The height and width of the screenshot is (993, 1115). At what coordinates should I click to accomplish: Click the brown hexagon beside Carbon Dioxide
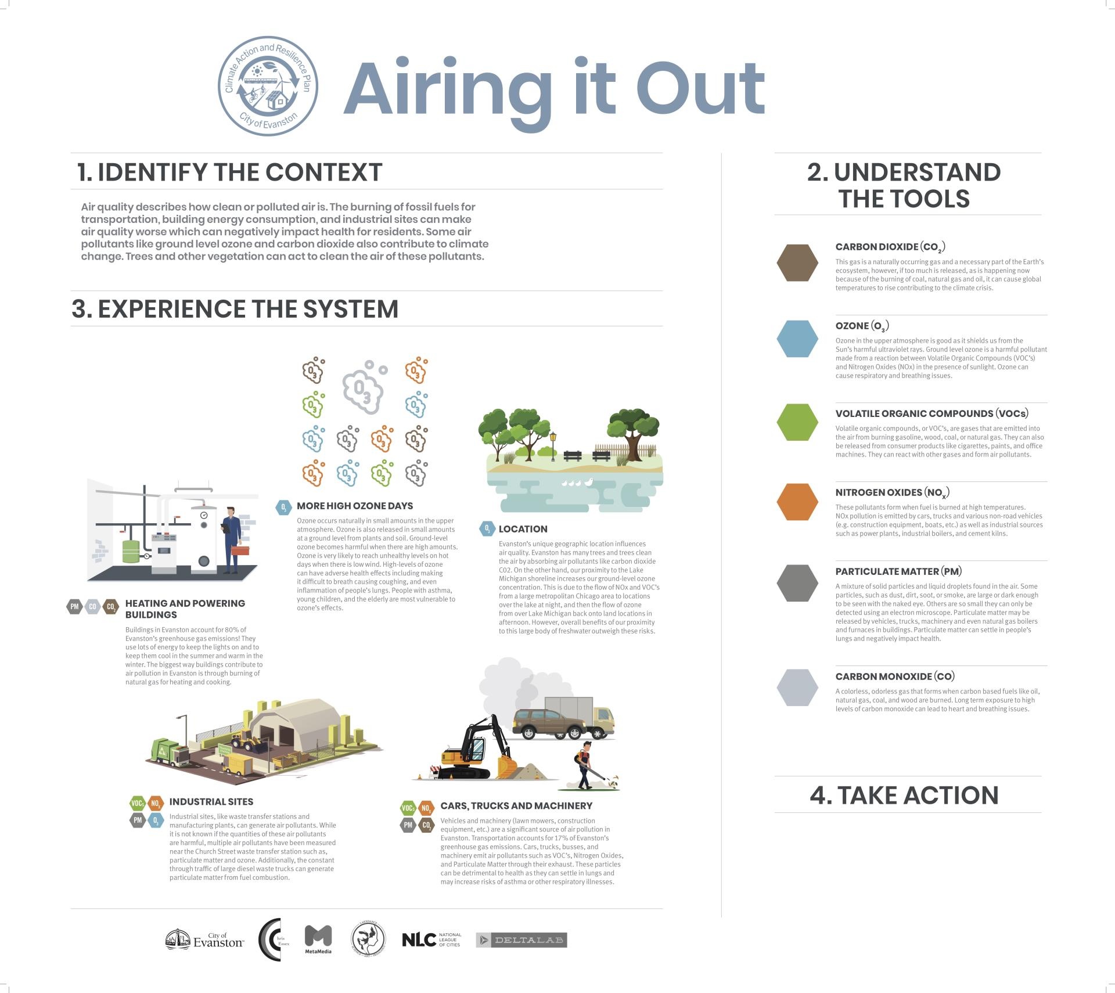[797, 263]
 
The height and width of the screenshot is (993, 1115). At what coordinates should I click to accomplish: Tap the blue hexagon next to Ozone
[797, 339]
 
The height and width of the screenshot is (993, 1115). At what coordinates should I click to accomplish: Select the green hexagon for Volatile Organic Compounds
[797, 422]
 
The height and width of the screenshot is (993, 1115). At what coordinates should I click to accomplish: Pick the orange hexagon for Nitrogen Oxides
[797, 502]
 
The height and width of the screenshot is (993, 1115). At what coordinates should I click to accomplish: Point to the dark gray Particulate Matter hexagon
[797, 583]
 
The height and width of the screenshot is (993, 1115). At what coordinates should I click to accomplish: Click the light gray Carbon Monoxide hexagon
[797, 688]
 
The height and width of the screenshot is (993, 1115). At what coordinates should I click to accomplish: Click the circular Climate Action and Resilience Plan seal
[268, 87]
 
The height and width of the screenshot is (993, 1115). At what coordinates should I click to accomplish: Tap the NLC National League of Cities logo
[431, 940]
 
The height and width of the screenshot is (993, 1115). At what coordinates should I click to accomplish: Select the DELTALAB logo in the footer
[521, 940]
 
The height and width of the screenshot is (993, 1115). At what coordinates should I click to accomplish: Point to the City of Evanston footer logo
[204, 940]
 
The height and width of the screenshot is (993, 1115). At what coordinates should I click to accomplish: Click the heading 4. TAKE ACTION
[904, 795]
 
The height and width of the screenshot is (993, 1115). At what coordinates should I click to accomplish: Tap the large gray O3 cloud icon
[363, 388]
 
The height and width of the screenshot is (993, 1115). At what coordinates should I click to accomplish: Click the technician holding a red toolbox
[232, 540]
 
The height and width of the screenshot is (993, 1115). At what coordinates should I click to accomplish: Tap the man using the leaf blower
[585, 764]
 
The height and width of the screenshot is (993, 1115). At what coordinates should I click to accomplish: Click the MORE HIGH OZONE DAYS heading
[355, 506]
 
